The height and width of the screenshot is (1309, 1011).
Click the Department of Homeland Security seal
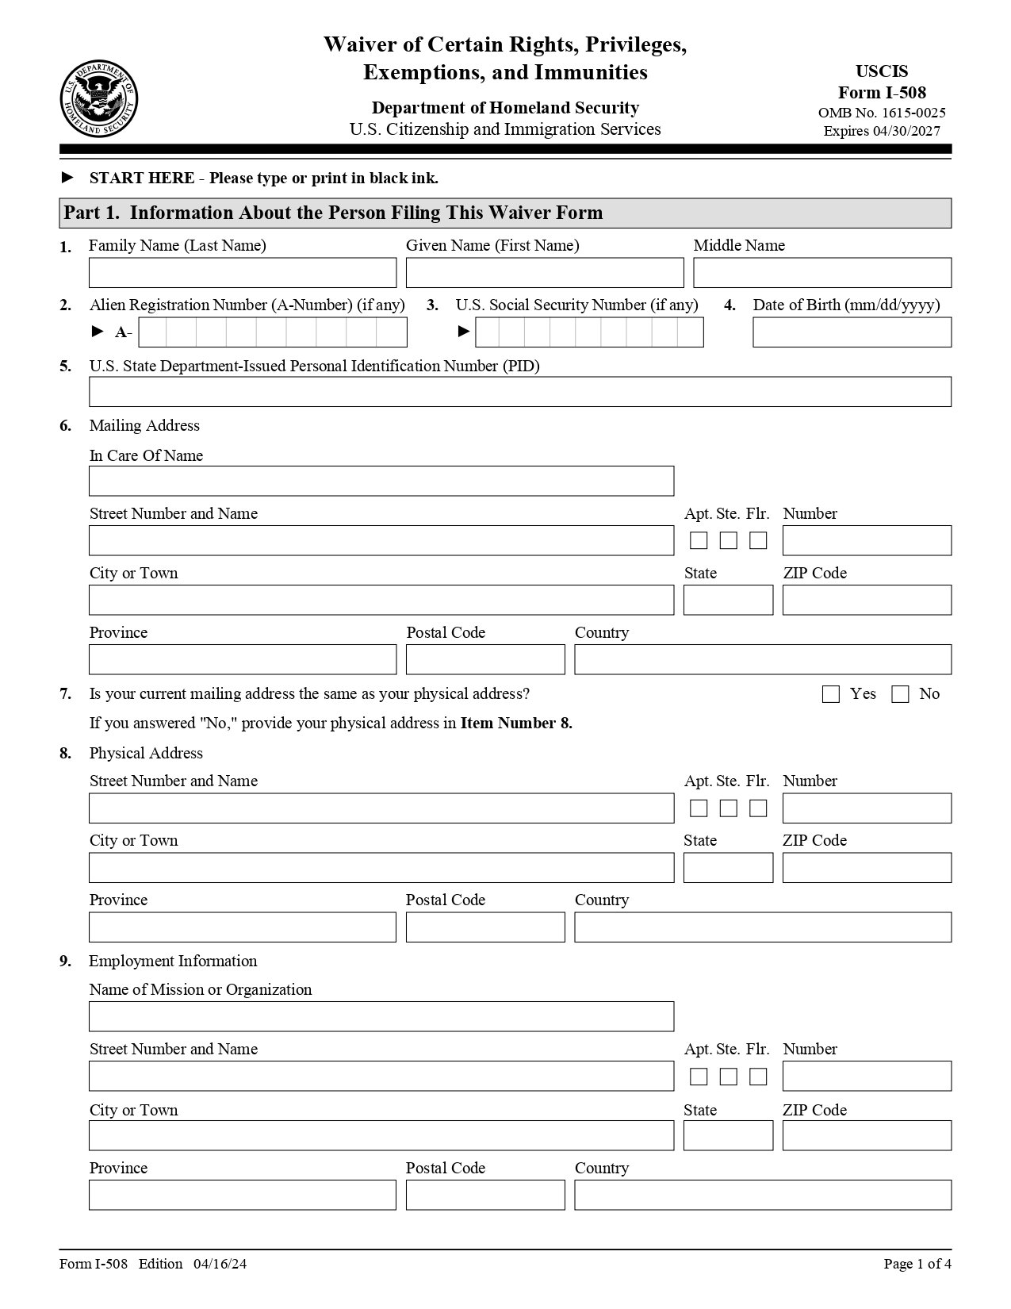point(98,98)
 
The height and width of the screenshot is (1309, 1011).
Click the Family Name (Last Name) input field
point(242,273)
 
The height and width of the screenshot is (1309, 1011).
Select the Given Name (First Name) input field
point(544,273)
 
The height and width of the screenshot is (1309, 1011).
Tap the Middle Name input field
point(821,273)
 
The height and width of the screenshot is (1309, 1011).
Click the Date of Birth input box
point(851,332)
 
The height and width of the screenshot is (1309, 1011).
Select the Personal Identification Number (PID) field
point(519,392)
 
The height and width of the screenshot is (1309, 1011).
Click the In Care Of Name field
point(381,481)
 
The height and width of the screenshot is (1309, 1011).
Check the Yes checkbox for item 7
point(830,694)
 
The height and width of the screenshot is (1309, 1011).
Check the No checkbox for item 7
point(899,694)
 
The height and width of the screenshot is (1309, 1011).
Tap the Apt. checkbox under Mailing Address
point(699,540)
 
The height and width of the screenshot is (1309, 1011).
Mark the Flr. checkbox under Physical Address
point(758,808)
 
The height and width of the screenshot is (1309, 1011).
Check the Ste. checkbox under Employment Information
point(728,1077)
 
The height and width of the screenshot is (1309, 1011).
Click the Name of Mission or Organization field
point(381,1016)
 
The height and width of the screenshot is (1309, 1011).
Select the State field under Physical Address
point(727,868)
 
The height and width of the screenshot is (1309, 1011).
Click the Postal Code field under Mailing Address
point(484,659)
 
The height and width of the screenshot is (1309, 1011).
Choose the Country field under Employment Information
point(762,1195)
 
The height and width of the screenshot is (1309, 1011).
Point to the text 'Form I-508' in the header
point(882,92)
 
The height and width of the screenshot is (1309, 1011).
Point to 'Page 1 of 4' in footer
point(917,1264)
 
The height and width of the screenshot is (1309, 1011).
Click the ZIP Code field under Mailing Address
point(866,600)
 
